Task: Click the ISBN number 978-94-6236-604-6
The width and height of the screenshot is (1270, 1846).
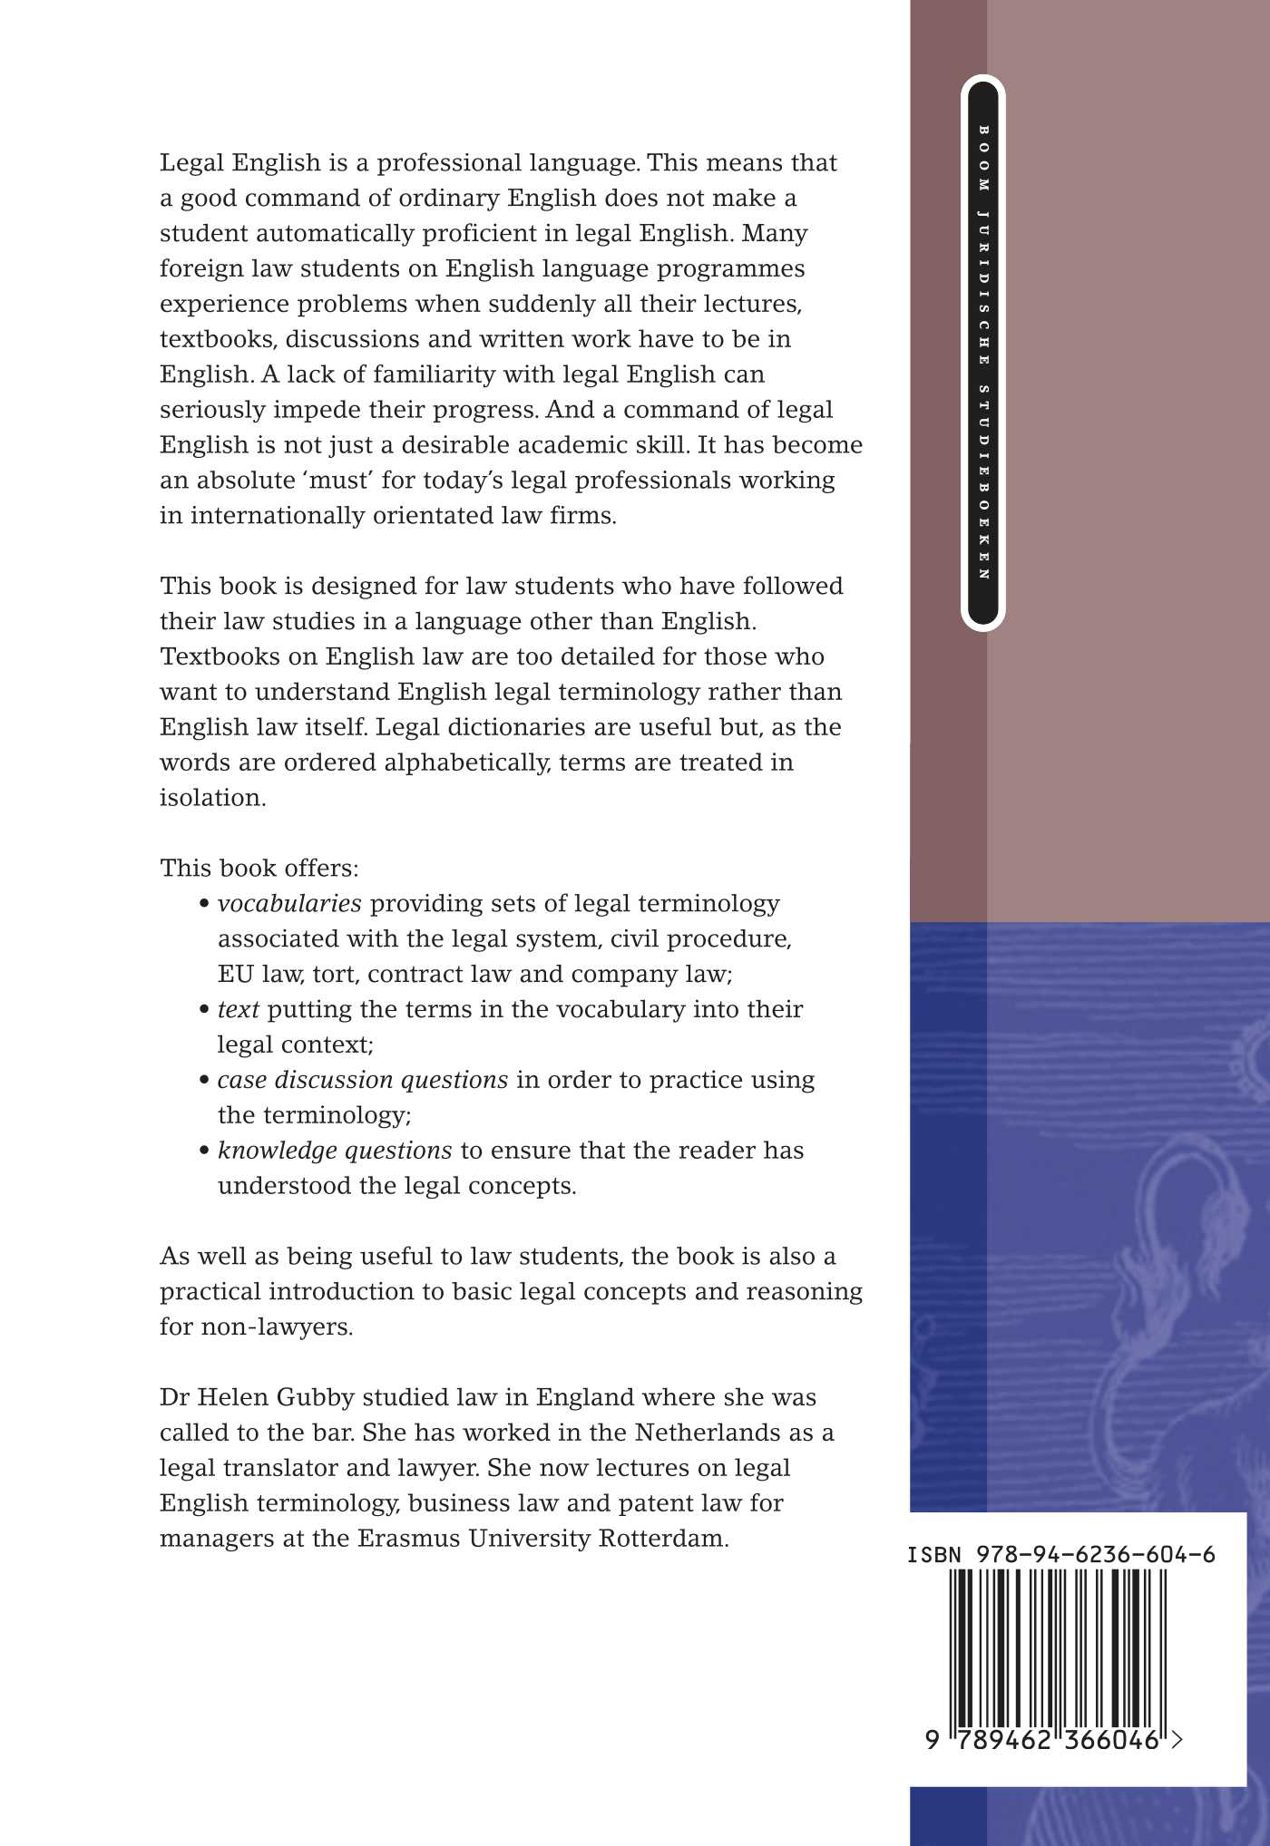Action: [x=1061, y=1554]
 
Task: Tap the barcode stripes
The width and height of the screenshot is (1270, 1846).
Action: [x=1058, y=1645]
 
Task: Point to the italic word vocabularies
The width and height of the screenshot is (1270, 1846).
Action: [x=289, y=903]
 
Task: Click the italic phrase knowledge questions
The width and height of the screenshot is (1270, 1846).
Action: [x=335, y=1151]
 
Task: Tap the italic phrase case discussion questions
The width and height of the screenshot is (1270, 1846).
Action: [x=363, y=1080]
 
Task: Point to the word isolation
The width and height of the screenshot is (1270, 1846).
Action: [x=212, y=798]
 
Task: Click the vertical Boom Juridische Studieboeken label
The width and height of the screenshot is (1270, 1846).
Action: [x=983, y=354]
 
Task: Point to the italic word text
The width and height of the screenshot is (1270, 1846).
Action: [x=239, y=1009]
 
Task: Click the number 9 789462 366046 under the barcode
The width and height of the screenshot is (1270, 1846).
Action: [x=1052, y=1740]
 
